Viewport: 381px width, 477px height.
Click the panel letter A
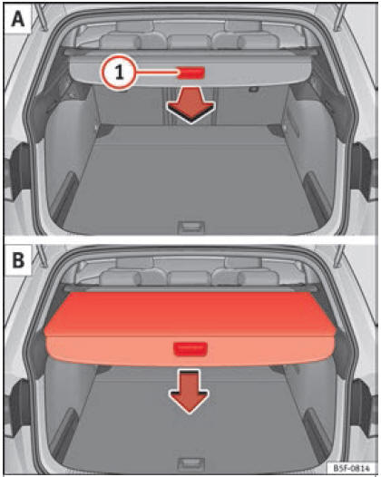coord(17,19)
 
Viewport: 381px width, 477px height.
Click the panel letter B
coord(17,260)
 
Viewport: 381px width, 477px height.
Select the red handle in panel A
coord(191,73)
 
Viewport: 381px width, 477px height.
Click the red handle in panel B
coord(190,348)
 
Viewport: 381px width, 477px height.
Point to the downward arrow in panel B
coord(190,391)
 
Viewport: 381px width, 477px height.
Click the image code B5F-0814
coord(352,468)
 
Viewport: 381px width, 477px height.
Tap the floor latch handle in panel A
coord(190,227)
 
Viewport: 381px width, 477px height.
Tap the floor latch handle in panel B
coord(191,463)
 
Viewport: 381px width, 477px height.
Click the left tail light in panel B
coord(19,404)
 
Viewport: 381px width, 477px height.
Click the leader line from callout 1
coord(157,73)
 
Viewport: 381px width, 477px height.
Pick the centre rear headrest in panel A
coord(190,42)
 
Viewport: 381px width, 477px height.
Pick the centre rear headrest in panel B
coord(190,278)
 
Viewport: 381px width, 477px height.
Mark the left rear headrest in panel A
coord(119,42)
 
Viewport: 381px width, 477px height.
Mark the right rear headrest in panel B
coord(259,277)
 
